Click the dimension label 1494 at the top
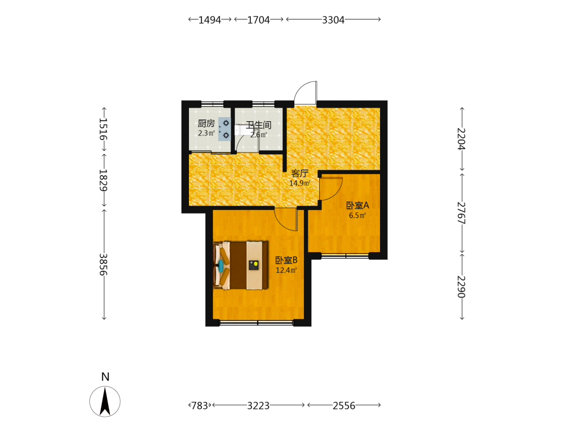pos(209,19)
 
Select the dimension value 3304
pos(333,19)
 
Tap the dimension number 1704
pos(258,19)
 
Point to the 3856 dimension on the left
pos(104,264)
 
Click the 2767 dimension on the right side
pos(461,212)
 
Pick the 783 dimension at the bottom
pos(200,405)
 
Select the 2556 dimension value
pos(344,405)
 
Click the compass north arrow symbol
pos(105,401)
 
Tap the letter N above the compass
pos(105,376)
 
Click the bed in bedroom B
pos(241,265)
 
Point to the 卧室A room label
pos(357,206)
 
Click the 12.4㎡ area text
pos(286,270)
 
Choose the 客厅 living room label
pos(300,174)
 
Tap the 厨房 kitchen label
pos(206,124)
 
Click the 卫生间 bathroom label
pos(259,125)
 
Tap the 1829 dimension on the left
pos(104,180)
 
